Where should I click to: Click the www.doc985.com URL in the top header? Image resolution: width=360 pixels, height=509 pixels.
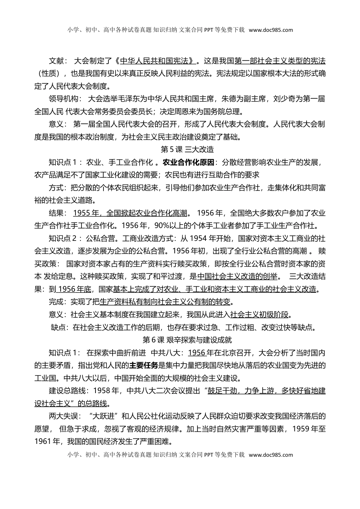pos(271,30)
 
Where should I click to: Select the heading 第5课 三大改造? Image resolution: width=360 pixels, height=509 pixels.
pos(187,149)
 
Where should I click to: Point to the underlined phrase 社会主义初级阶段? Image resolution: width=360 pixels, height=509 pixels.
pos(259,314)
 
